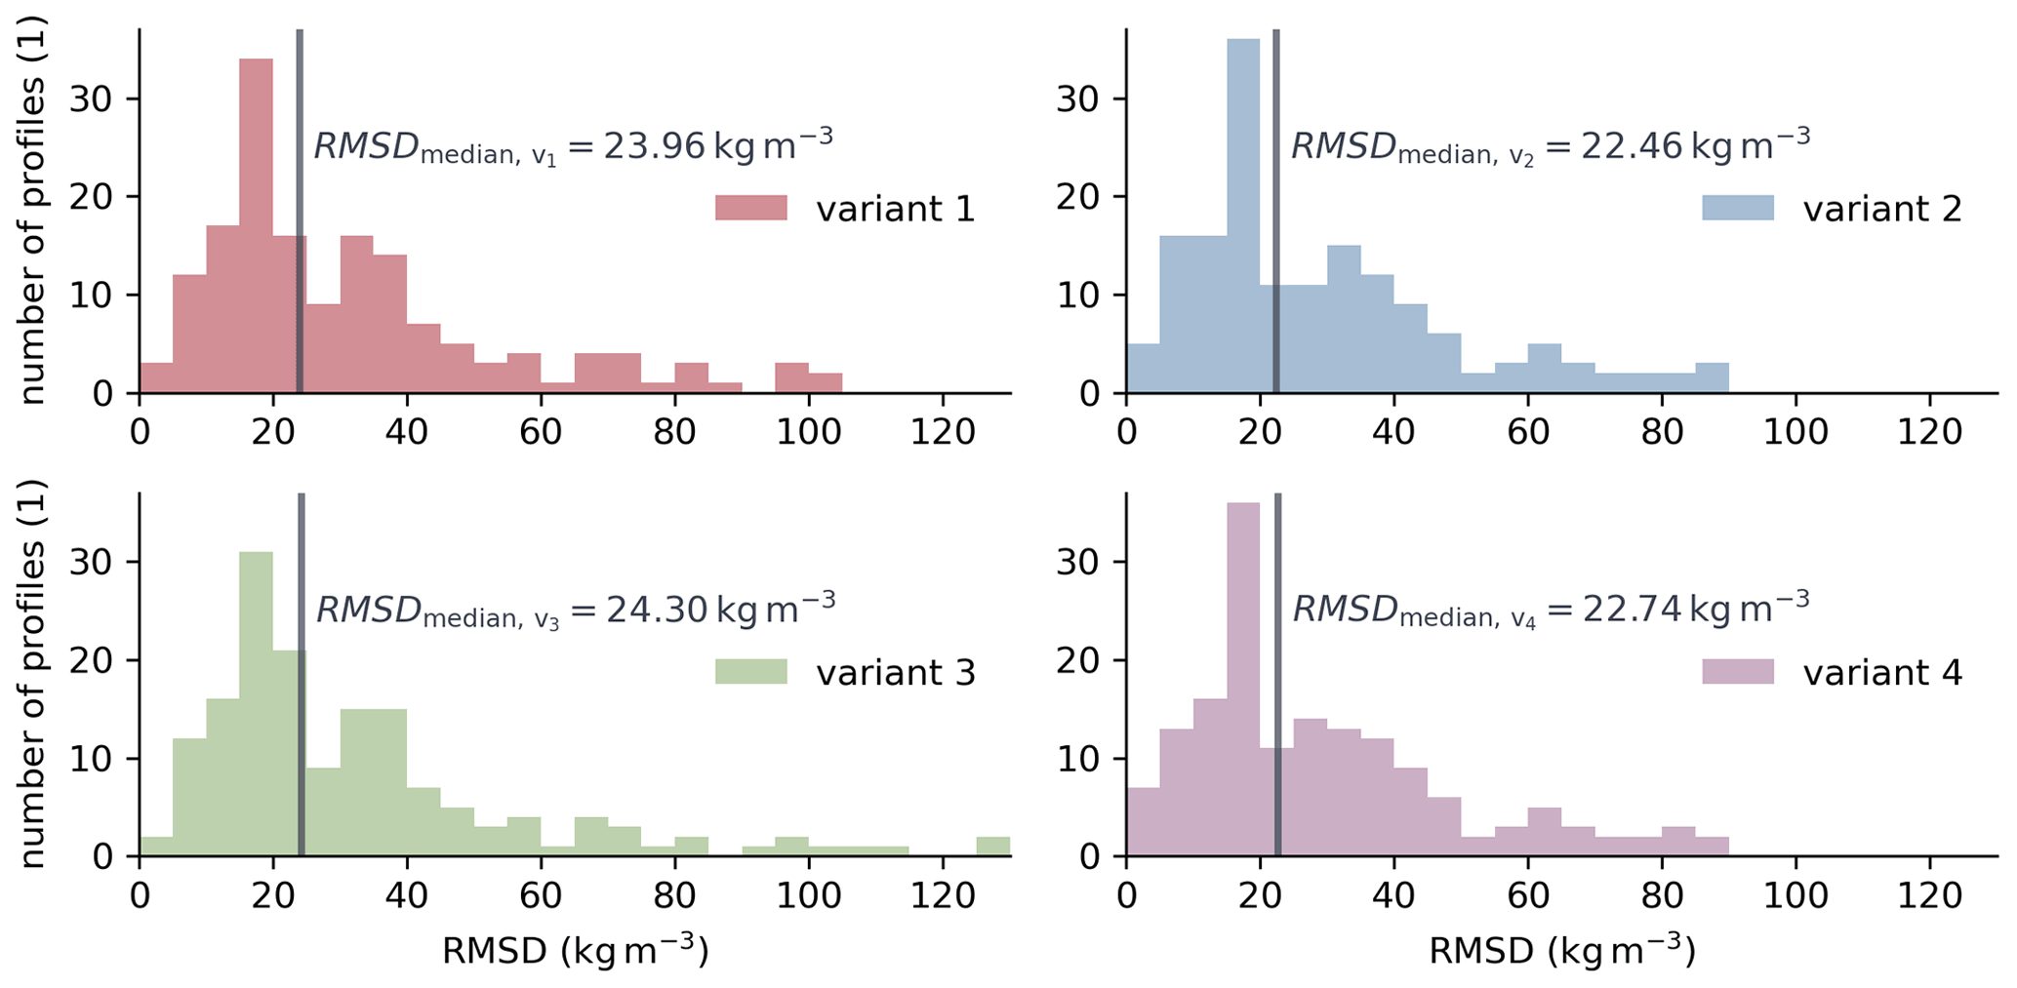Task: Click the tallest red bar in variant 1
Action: (256, 224)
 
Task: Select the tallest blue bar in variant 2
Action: (1243, 215)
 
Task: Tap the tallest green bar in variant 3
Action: (256, 702)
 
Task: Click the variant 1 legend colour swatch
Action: (750, 208)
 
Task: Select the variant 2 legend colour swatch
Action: (1738, 208)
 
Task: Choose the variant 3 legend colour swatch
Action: (750, 671)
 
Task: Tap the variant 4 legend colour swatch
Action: (1738, 671)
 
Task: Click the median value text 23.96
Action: (654, 146)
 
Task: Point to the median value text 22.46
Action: (1632, 146)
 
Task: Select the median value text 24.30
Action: (657, 610)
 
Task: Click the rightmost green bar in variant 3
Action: (993, 847)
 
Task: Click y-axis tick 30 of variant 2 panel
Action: (1081, 99)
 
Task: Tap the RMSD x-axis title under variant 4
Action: (1561, 951)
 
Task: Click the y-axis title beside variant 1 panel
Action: (33, 210)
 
